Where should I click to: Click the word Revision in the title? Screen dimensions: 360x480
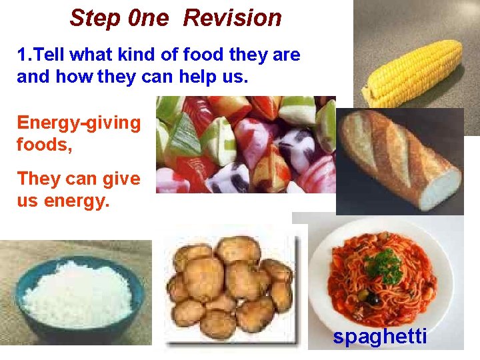pyautogui.click(x=232, y=18)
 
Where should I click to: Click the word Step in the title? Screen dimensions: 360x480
pyautogui.click(x=92, y=18)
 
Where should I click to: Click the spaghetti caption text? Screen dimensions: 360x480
pyautogui.click(x=380, y=337)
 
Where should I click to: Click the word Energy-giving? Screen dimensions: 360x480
pyautogui.click(x=79, y=123)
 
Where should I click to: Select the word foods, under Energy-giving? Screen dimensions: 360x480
pyautogui.click(x=44, y=144)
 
